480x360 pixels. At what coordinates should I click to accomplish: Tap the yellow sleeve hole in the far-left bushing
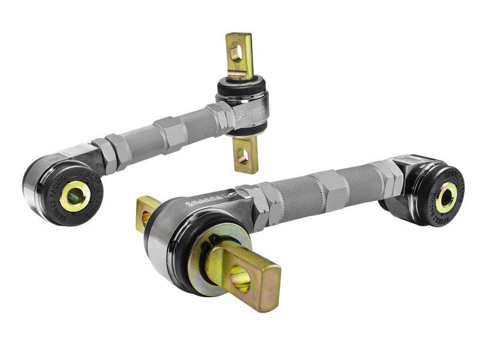point(76,195)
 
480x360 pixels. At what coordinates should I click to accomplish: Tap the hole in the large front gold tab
point(241,279)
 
